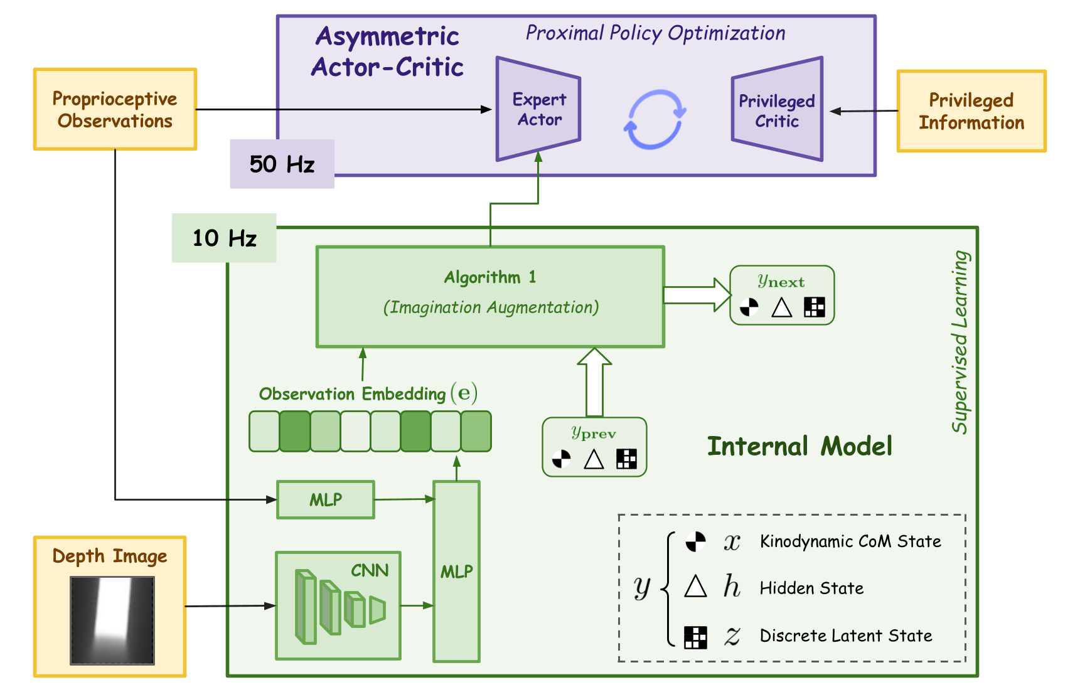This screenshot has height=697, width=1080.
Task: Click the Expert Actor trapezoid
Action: click(x=538, y=109)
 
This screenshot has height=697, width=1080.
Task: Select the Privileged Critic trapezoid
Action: click(x=777, y=110)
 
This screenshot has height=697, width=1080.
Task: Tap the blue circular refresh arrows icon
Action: click(x=655, y=119)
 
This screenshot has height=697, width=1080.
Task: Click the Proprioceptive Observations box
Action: click(x=115, y=110)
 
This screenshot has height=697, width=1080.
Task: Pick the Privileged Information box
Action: click(x=971, y=111)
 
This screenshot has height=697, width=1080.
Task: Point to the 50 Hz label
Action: click(x=282, y=164)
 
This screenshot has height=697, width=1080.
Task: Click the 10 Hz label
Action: click(x=224, y=238)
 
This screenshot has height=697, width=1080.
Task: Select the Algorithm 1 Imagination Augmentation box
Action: click(x=489, y=296)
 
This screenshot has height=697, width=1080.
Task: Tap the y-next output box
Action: click(x=782, y=295)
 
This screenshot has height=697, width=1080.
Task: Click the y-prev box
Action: click(x=594, y=447)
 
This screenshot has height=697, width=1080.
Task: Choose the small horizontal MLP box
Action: click(x=326, y=499)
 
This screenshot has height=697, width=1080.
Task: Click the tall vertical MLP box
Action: click(x=456, y=571)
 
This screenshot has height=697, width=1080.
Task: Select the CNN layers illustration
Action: click(x=340, y=606)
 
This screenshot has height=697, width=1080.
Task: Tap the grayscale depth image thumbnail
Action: click(x=112, y=620)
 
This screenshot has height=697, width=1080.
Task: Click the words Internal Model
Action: click(x=799, y=446)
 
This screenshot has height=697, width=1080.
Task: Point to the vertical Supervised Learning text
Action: click(x=960, y=342)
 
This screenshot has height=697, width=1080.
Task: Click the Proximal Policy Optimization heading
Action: click(x=655, y=33)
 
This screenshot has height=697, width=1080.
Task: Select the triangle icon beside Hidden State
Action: click(x=695, y=587)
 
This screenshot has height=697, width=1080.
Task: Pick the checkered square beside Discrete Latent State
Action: click(x=695, y=637)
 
